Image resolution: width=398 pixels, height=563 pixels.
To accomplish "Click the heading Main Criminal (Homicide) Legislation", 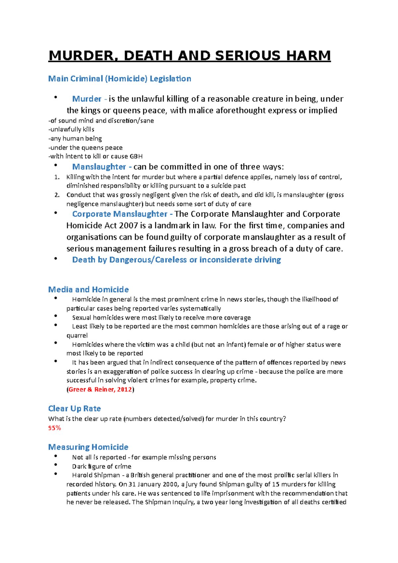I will [x=119, y=79].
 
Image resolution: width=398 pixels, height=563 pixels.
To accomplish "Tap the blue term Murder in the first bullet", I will [x=87, y=99].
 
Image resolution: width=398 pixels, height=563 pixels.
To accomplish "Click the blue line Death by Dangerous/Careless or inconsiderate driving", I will [x=176, y=260].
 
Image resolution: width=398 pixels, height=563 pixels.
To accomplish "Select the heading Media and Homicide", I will [x=88, y=289].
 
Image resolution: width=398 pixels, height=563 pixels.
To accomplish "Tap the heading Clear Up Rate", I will [x=74, y=408].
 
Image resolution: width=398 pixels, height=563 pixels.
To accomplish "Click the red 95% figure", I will [x=55, y=428].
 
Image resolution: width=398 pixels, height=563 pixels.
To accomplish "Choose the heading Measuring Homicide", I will [x=88, y=447].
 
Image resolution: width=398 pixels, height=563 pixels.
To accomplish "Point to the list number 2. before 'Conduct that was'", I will [x=57, y=195].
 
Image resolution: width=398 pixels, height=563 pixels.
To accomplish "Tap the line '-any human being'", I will [x=75, y=138].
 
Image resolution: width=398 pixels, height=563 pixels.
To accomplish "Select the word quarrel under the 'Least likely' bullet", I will [x=77, y=335].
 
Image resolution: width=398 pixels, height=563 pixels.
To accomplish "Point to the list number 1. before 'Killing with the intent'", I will [x=57, y=177].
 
